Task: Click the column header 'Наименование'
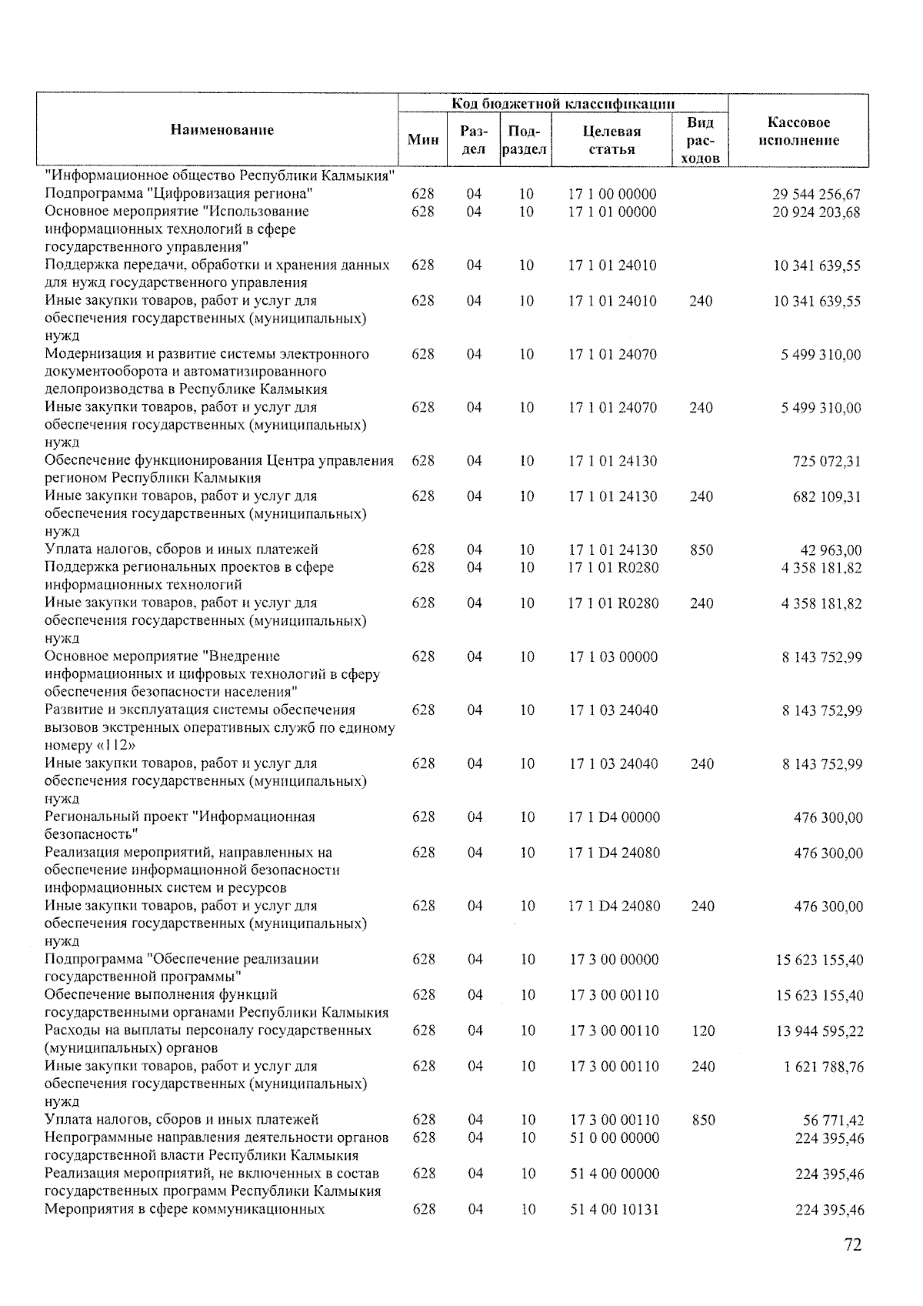pos(222,130)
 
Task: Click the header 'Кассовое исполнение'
pos(798,132)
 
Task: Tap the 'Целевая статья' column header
pos(612,140)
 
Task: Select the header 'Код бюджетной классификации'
pos(563,103)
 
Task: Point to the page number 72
pos(852,1244)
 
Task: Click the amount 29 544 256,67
pos(816,195)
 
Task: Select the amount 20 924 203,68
pos(816,212)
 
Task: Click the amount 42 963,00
pos(831,550)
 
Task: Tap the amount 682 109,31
pos(826,497)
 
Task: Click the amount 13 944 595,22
pos(819,1031)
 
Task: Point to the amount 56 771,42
pos(834,1121)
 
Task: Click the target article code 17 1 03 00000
pos(613,657)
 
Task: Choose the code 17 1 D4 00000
pos(614,817)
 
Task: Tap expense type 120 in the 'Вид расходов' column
pos(703,1031)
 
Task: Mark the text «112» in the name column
pos(112,746)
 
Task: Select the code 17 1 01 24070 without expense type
pos(613,355)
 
